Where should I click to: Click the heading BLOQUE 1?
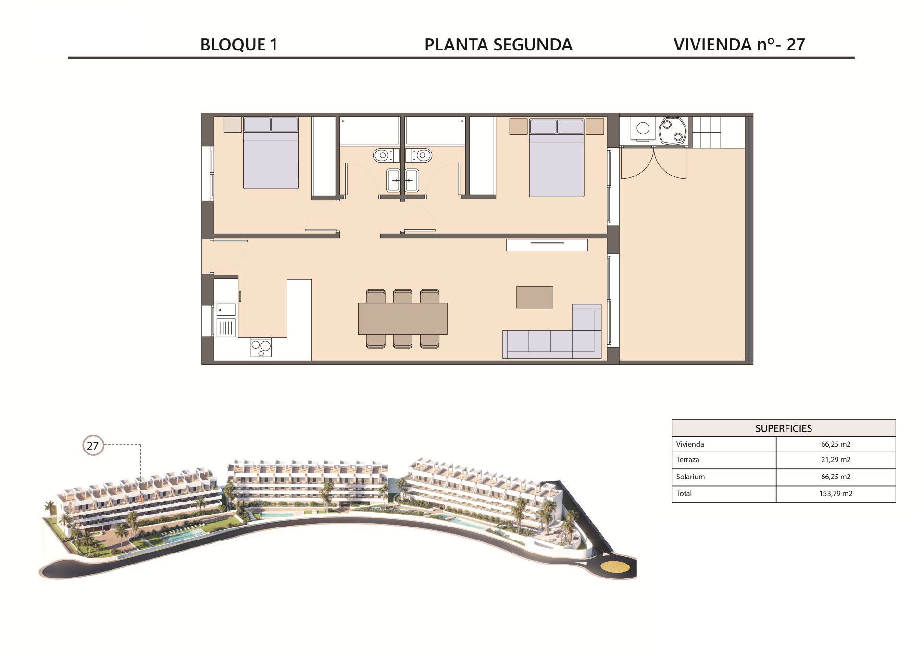239,45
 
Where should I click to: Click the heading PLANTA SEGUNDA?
499,45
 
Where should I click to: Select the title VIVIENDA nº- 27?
739,45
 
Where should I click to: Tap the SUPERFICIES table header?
783,428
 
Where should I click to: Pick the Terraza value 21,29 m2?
836,460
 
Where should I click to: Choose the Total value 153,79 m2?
836,494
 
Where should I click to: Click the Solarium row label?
690,477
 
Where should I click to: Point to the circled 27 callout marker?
93,446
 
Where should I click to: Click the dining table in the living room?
403,318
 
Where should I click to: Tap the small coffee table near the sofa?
535,297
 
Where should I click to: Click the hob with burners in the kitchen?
261,348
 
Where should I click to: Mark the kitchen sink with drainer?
225,320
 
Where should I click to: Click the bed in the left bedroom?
271,153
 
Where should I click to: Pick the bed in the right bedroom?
557,158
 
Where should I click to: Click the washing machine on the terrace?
643,128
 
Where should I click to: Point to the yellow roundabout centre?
616,566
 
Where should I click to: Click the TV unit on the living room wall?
547,245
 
